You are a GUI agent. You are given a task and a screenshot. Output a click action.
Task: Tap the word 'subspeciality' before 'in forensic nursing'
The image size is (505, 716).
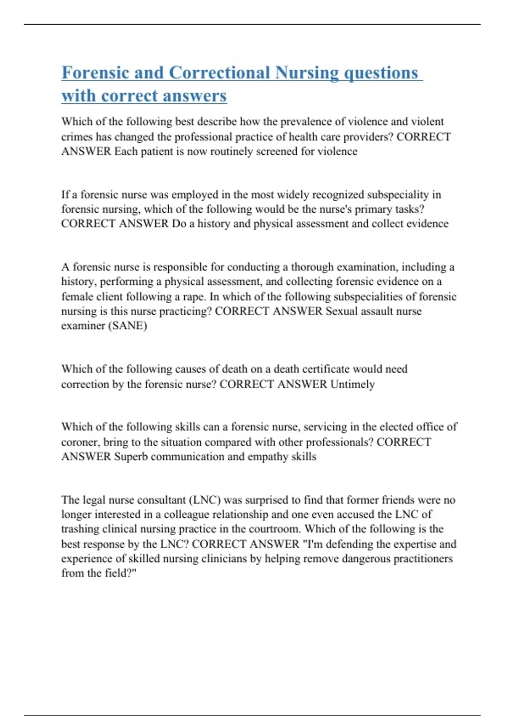398,195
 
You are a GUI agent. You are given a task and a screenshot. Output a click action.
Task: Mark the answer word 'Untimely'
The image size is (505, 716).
353,384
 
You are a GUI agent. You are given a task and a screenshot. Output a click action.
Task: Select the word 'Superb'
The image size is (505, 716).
131,457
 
